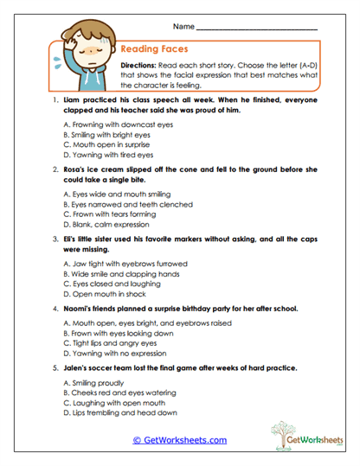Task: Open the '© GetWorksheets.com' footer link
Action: coord(179,440)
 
